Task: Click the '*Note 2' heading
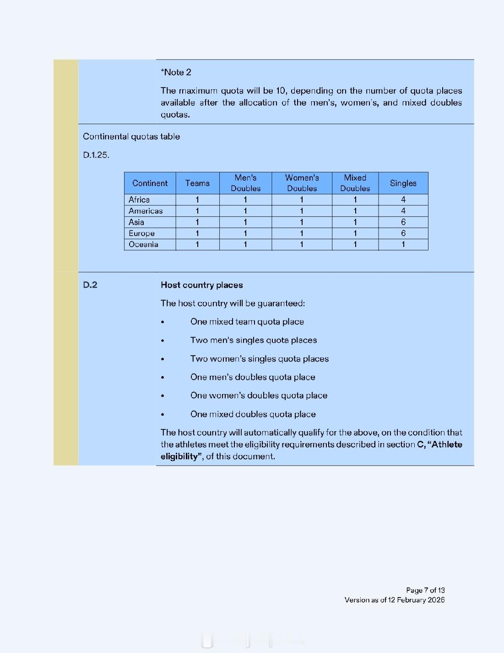[176, 72]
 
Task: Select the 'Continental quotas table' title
[131, 137]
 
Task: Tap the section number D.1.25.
[96, 155]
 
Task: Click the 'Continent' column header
[150, 183]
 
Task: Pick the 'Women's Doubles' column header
[302, 183]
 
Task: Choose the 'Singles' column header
[403, 183]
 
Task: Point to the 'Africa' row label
[139, 200]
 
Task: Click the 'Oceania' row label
[143, 245]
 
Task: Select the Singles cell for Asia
[403, 222]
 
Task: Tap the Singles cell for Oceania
[403, 245]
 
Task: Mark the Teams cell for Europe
[197, 233]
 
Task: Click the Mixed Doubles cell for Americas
[355, 211]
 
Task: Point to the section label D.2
[90, 285]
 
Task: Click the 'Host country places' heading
[201, 285]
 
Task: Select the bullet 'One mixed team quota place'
[247, 322]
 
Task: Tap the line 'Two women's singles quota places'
[260, 359]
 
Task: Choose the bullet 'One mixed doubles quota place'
[253, 414]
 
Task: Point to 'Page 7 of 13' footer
[425, 590]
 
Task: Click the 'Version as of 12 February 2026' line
[395, 600]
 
